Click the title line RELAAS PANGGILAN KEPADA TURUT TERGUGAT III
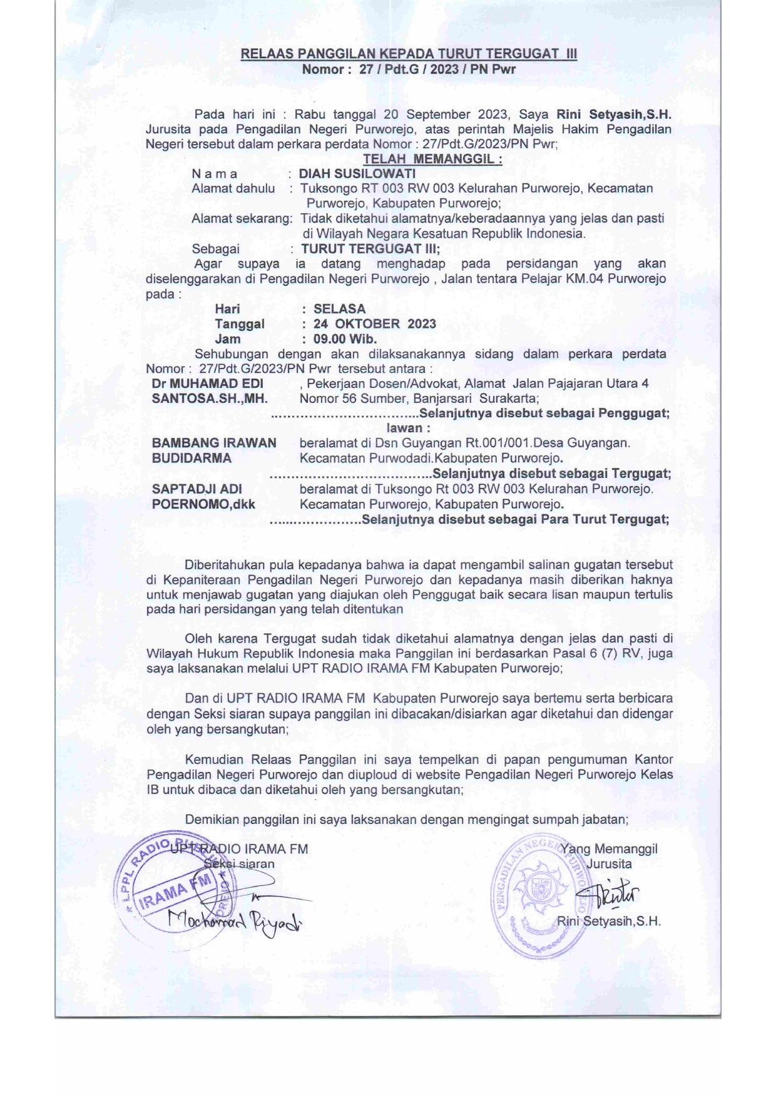pyautogui.click(x=409, y=54)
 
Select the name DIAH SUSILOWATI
pyautogui.click(x=357, y=173)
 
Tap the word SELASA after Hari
pyautogui.click(x=339, y=309)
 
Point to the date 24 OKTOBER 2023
pyautogui.click(x=374, y=324)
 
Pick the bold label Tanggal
pyautogui.click(x=239, y=324)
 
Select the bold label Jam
pyautogui.click(x=228, y=339)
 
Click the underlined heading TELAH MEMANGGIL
pyautogui.click(x=432, y=159)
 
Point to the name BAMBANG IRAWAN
pyautogui.click(x=214, y=443)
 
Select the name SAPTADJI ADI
pyautogui.click(x=197, y=489)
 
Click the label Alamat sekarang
pyautogui.click(x=242, y=218)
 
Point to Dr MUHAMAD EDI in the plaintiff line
pyautogui.click(x=207, y=384)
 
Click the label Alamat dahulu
pyautogui.click(x=233, y=188)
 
